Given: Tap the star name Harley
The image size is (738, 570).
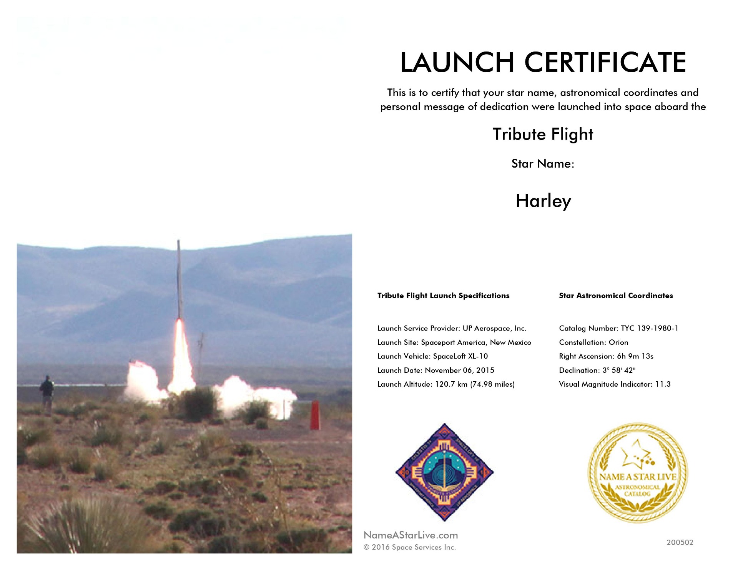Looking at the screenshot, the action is click(543, 201).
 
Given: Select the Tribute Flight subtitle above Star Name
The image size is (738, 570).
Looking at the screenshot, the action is click(543, 135).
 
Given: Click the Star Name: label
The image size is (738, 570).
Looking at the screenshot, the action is click(543, 164).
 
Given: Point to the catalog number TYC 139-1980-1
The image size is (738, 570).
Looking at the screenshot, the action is click(650, 328).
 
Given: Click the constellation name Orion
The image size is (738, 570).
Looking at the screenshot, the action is click(618, 342).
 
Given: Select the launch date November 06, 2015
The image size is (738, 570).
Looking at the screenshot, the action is click(459, 370).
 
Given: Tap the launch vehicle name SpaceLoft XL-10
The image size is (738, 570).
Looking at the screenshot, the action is click(460, 356).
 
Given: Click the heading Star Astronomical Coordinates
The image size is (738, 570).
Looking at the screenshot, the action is click(616, 296).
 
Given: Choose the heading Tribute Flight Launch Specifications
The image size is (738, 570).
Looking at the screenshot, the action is click(443, 296).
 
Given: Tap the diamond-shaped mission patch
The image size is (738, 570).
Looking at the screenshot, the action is click(445, 472).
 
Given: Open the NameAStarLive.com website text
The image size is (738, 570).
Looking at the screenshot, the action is click(411, 535).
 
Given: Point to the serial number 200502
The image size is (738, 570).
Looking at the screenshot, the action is click(680, 542).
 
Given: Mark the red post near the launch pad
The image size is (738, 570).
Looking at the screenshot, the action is click(315, 415).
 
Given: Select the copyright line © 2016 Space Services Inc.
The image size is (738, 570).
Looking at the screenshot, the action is click(410, 547).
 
